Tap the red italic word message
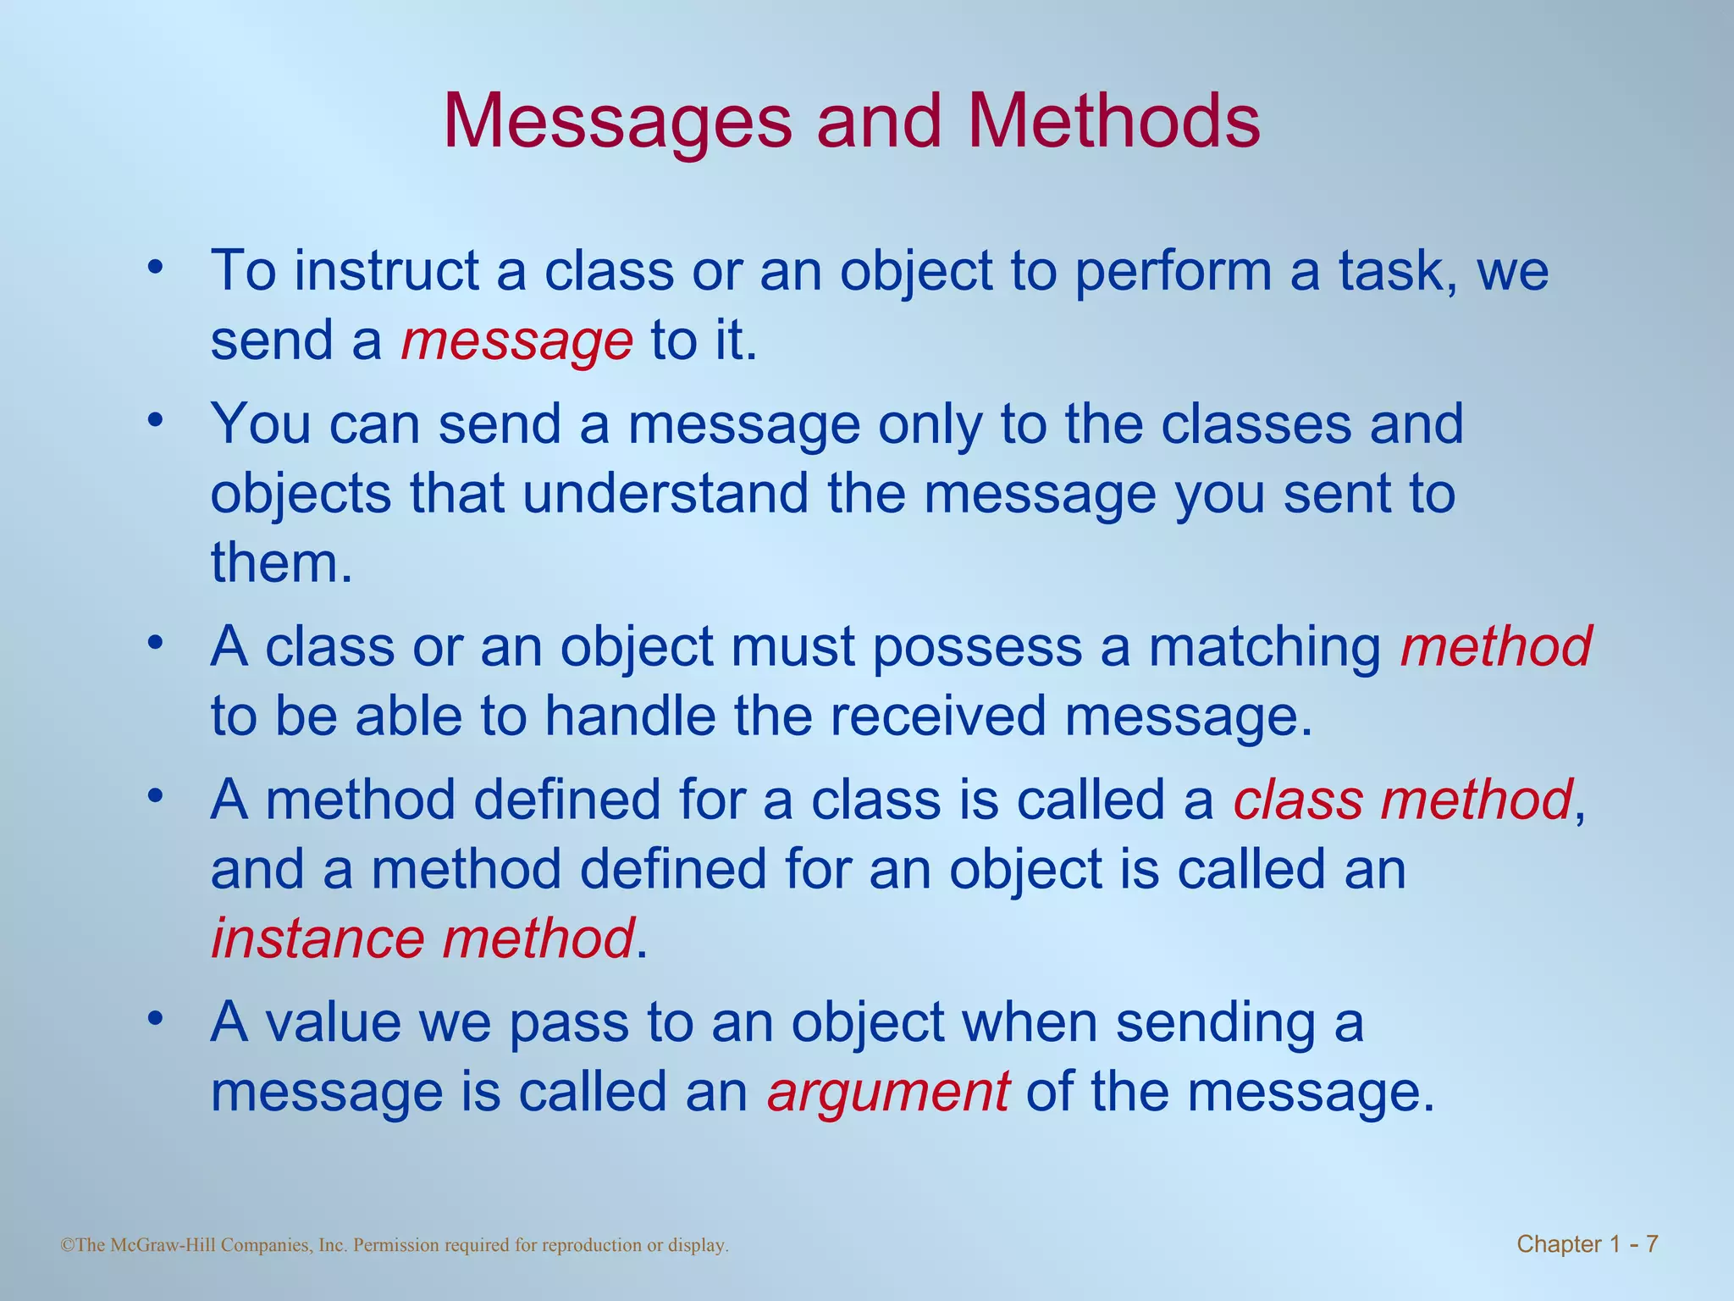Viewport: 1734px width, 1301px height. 516,341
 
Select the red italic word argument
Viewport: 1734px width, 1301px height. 888,1092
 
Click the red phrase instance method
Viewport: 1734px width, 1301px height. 422,939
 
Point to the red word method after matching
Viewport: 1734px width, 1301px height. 1496,647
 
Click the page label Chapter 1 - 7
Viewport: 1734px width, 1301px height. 1587,1244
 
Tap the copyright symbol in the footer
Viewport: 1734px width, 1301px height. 69,1245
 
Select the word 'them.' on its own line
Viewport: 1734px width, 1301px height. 281,563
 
